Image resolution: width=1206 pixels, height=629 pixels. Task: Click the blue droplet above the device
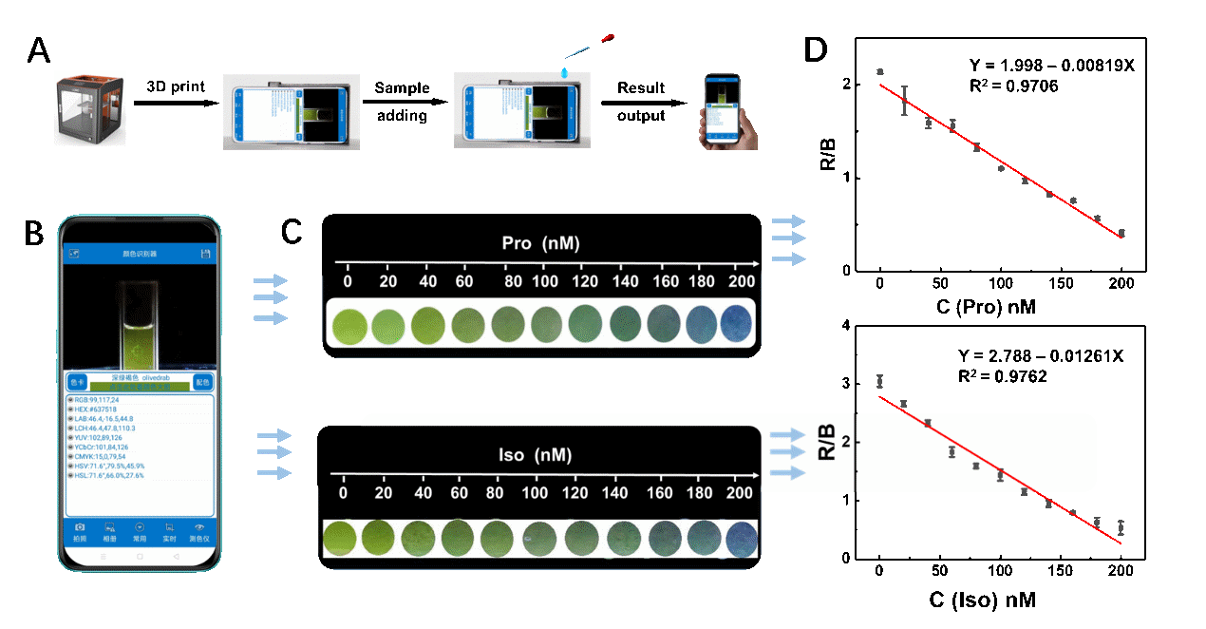(566, 72)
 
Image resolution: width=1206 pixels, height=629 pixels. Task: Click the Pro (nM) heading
(540, 244)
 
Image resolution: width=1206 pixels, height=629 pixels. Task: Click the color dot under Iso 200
(742, 539)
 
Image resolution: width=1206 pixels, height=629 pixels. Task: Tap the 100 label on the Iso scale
(536, 493)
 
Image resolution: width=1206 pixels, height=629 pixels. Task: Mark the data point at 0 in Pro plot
(880, 71)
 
